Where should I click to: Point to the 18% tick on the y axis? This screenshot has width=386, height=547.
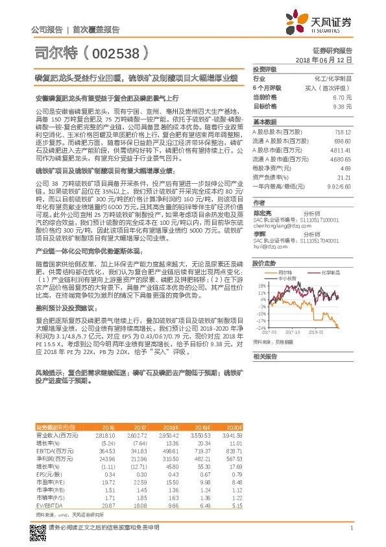(261, 285)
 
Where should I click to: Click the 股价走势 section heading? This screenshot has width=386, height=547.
(265, 262)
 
